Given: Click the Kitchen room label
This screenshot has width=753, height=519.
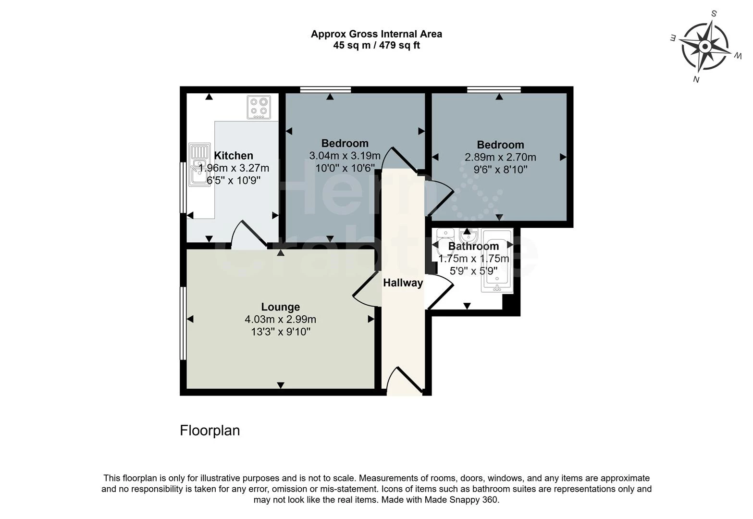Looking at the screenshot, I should click(x=234, y=156).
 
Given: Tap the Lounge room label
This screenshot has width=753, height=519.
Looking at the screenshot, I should click(x=281, y=307).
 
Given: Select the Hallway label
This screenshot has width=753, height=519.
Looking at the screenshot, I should click(x=403, y=283).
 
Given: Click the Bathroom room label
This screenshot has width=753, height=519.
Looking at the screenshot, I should click(x=473, y=247).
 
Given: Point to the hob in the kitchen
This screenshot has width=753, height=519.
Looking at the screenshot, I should click(x=259, y=107).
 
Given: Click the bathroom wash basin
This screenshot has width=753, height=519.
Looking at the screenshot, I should click(x=467, y=236).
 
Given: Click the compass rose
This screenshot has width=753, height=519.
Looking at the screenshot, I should click(x=704, y=47).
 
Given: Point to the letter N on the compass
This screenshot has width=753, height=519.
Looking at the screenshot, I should click(x=695, y=79).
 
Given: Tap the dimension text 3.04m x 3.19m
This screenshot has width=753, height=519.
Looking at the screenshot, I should click(x=345, y=156).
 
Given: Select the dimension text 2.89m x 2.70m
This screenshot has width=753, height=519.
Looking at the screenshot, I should click(x=500, y=157).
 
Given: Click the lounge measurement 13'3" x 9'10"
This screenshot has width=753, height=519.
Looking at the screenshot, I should click(x=281, y=332).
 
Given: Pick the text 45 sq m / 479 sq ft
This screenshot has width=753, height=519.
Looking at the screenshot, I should click(x=376, y=46).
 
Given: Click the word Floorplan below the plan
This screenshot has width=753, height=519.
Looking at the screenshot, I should click(x=210, y=430).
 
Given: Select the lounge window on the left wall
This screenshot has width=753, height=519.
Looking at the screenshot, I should click(x=183, y=323).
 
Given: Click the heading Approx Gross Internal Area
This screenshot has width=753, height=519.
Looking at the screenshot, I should click(x=376, y=34).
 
